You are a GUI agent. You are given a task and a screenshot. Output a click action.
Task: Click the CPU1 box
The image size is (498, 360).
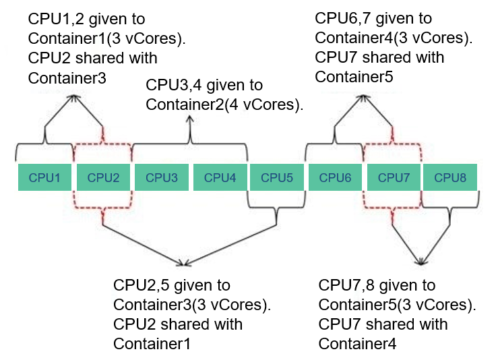click(x=44, y=177)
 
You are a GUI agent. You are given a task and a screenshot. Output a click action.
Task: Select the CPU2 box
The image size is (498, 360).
click(x=103, y=177)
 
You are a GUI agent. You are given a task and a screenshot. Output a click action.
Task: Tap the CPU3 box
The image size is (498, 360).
click(x=162, y=177)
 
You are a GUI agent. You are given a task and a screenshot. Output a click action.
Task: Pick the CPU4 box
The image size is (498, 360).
click(x=220, y=177)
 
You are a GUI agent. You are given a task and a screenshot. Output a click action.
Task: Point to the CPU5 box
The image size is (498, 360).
click(x=277, y=177)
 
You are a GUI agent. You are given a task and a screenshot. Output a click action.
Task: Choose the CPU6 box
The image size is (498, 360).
click(x=335, y=177)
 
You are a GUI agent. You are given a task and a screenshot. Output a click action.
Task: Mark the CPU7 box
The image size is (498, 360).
click(x=394, y=177)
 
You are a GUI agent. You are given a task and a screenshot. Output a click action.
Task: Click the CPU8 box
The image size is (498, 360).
click(x=450, y=177)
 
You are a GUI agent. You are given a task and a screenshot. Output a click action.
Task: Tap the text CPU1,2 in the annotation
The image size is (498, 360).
click(x=56, y=20)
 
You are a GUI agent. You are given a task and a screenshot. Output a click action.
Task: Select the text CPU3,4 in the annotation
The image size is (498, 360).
click(x=174, y=85)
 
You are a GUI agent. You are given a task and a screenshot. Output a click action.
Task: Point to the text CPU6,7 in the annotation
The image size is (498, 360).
click(x=343, y=18)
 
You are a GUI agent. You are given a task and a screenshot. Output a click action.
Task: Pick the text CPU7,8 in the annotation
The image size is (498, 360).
click(x=346, y=285)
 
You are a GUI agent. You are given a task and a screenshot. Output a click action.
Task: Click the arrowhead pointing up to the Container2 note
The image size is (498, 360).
click(x=190, y=119)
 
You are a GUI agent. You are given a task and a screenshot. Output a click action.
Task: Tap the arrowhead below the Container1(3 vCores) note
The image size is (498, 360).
click(x=73, y=98)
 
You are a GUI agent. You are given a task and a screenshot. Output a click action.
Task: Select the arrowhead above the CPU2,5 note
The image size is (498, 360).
click(x=184, y=263)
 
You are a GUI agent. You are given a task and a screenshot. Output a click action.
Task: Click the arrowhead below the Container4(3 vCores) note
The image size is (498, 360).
click(x=363, y=98)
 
